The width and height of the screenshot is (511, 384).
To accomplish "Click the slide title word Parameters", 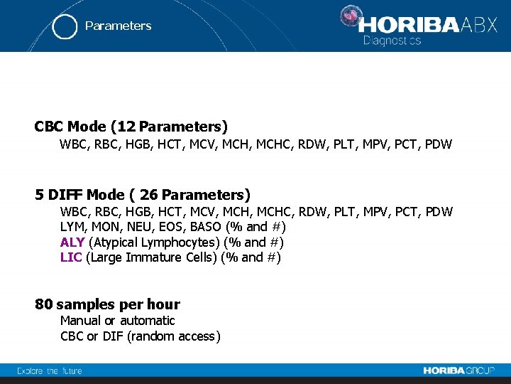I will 118,26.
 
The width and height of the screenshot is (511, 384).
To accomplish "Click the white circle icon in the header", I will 65,26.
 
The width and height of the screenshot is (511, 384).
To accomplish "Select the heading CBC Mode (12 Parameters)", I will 131,127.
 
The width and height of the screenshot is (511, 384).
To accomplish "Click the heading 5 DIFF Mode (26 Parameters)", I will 142,194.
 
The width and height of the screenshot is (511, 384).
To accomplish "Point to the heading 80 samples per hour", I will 107,304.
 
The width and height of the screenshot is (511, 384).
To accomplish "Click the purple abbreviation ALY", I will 72,242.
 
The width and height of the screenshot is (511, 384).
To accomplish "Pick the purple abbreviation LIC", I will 71,257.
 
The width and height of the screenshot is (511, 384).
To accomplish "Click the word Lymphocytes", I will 180,242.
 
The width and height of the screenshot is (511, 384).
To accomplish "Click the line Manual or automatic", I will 117,321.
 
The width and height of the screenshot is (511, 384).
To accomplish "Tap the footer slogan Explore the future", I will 50,370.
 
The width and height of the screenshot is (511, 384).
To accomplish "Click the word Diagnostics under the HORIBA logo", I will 392,41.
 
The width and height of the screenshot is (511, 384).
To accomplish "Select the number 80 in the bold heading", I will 43,304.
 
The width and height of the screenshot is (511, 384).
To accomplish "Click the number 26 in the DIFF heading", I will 149,194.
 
